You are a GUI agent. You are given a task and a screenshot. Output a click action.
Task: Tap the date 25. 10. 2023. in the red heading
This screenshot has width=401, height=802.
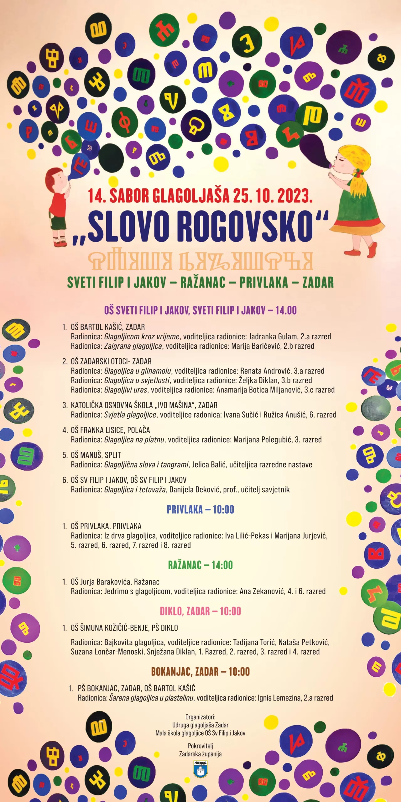click(273, 196)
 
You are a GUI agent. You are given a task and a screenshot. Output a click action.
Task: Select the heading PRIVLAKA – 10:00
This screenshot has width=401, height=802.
click(200, 510)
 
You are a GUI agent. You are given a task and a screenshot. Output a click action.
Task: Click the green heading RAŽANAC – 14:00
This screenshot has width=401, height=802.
click(200, 565)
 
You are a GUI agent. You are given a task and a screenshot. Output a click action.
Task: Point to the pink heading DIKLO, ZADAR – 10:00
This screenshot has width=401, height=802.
click(200, 611)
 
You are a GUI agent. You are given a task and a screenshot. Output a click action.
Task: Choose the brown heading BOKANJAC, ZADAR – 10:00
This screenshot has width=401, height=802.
click(200, 671)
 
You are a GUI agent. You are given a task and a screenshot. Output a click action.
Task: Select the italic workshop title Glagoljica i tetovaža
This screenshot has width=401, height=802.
click(135, 490)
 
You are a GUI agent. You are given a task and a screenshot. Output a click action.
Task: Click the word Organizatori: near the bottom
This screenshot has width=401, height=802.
click(200, 717)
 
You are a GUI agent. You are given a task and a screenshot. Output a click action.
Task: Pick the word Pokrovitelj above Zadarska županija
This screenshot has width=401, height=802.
click(200, 746)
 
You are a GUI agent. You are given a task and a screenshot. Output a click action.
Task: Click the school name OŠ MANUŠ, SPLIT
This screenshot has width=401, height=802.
click(96, 455)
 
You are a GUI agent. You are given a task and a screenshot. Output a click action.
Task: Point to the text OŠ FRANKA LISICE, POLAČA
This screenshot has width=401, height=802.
click(110, 430)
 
